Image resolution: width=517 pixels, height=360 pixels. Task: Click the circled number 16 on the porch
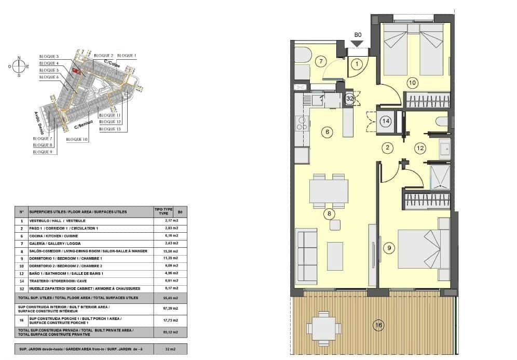[379, 326]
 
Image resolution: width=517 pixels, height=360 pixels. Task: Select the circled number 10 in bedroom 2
[412, 82]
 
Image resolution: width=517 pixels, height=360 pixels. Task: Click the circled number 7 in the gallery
[321, 62]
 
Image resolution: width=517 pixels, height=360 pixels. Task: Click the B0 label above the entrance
[358, 35]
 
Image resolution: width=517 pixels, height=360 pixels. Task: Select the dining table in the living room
[329, 191]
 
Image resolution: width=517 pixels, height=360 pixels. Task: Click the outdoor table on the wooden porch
[323, 328]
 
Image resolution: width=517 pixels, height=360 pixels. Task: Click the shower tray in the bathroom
[441, 177]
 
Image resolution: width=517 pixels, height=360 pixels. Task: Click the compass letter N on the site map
[19, 58]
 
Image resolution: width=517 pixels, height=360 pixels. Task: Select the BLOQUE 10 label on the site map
[77, 140]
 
